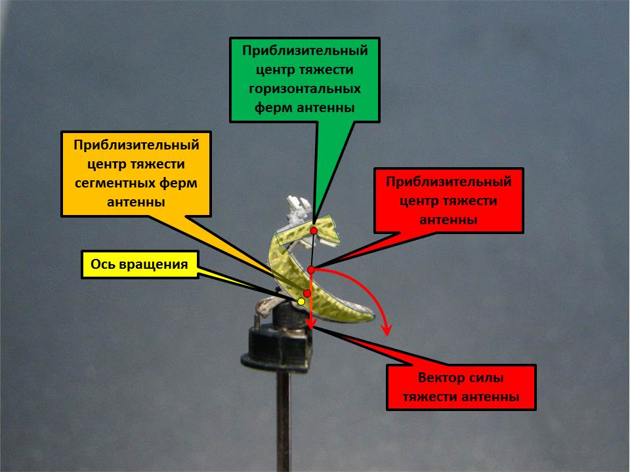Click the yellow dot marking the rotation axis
point(301,302)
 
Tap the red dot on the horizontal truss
point(314,231)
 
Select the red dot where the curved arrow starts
point(311,269)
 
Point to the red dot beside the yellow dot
point(306,293)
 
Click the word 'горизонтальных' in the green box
point(305,88)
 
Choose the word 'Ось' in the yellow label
point(104,265)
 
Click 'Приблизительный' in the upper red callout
point(449,181)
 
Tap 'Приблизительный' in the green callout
point(305,50)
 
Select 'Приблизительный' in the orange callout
point(136,144)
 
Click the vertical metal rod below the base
point(283,420)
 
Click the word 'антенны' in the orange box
point(136,203)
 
